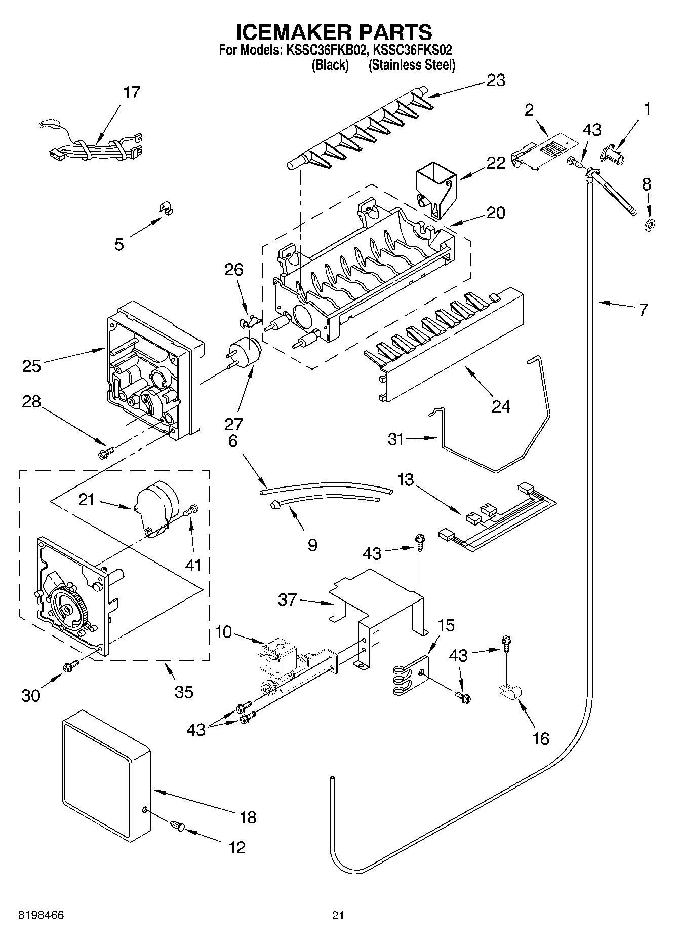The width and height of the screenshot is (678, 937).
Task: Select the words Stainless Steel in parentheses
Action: pos(412,65)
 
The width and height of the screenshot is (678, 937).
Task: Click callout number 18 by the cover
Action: pos(248,817)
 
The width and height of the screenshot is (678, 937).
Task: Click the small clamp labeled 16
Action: pos(510,692)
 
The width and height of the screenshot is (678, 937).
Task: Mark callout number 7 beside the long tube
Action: pos(642,309)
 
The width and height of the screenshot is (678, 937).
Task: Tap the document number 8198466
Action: pos(42,916)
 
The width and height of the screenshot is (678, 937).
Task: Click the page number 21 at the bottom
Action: pos(338,916)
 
